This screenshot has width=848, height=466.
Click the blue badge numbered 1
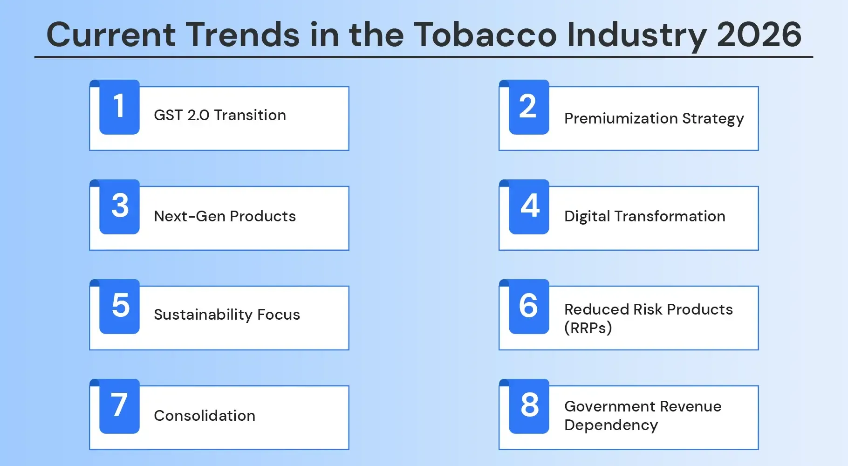119,107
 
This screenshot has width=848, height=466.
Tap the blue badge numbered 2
529,107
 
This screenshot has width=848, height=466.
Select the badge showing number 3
119,207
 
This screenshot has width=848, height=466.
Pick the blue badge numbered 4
529,207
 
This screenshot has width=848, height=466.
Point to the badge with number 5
119,307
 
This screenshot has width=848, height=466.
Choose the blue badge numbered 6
529,307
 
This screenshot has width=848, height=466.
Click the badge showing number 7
119,406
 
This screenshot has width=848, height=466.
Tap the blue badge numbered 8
529,406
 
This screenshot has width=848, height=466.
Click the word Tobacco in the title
485,35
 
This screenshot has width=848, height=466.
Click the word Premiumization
621,118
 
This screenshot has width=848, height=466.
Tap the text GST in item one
168,115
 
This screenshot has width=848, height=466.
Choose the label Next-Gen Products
225,216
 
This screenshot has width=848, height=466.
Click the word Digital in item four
587,216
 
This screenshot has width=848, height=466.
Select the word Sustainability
203,315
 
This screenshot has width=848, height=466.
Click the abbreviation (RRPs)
588,328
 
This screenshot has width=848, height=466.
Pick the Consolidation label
205,416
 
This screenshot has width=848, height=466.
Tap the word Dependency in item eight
611,425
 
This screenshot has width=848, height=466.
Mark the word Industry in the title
636,35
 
